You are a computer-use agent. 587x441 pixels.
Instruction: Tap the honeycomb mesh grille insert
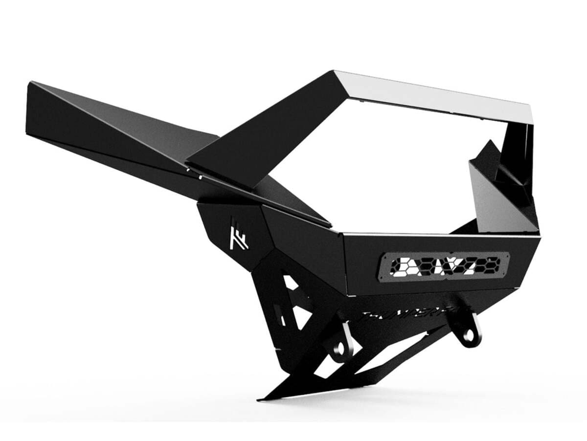pos(444,267)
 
